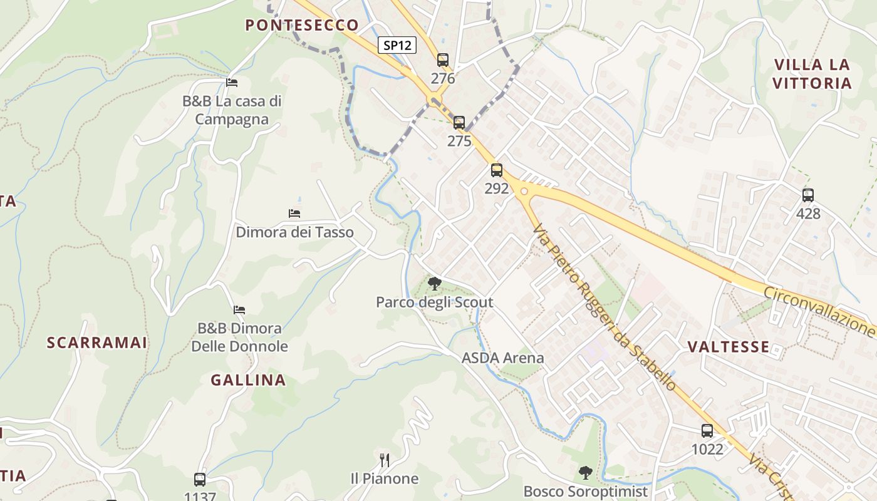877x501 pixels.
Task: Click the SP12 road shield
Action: [x=397, y=45]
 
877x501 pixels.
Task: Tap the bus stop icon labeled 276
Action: [x=443, y=60]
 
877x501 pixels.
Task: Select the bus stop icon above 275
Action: [x=459, y=123]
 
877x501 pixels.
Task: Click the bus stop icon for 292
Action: [x=497, y=170]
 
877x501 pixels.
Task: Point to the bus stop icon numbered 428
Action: [x=808, y=195]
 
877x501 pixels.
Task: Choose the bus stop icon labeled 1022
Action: [x=707, y=431]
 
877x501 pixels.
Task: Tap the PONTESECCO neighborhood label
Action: [x=302, y=25]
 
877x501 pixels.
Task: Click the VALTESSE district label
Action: [x=729, y=347]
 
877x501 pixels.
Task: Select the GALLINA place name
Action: [x=248, y=380]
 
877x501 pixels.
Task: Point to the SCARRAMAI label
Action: [x=97, y=343]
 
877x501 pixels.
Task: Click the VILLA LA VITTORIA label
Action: [x=812, y=74]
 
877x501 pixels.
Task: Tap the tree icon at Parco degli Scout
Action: [x=434, y=284]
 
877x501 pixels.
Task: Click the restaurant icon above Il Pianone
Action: [x=385, y=460]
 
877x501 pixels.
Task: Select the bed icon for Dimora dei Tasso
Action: [x=294, y=214]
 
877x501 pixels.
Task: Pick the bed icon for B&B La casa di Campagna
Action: [x=232, y=82]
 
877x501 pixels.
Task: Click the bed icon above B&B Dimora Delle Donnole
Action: [x=239, y=309]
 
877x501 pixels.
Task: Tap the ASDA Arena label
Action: [x=503, y=358]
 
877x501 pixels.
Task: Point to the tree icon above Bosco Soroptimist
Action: [x=585, y=473]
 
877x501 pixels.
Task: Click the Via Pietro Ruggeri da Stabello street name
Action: [x=604, y=307]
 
